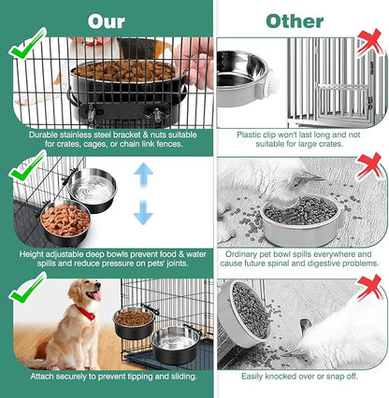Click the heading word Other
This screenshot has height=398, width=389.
click(295, 20)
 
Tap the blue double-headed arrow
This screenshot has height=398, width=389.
click(142, 193)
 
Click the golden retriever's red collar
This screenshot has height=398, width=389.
click(86, 312)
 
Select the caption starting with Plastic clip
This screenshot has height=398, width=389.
click(301, 140)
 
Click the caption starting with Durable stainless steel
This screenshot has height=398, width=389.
click(107, 140)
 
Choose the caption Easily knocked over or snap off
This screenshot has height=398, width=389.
click(301, 377)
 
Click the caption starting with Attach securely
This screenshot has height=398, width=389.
click(107, 377)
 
